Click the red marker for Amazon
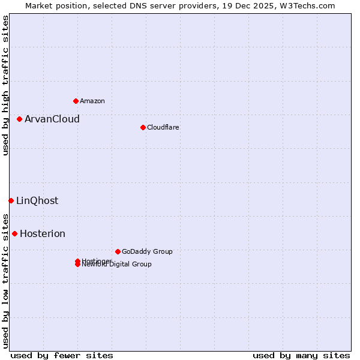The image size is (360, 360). [x=76, y=101]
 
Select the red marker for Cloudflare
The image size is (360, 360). [x=143, y=127]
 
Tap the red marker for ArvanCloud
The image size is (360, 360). [x=19, y=119]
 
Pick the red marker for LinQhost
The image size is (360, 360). [x=11, y=200]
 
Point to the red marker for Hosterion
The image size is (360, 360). [x=14, y=233]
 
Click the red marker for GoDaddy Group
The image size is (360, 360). [x=118, y=251]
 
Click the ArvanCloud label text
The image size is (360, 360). [x=52, y=119]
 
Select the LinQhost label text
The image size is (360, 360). [x=37, y=200]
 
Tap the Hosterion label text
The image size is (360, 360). [x=43, y=233]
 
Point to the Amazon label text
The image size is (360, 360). [x=92, y=101]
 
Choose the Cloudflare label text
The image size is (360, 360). [x=163, y=127]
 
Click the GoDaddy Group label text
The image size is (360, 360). [x=147, y=251]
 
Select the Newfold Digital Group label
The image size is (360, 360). [x=118, y=265]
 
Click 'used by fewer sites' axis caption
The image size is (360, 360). [x=62, y=355]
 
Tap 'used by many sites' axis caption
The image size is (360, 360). [x=301, y=355]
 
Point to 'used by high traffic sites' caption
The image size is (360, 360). [x=5, y=85]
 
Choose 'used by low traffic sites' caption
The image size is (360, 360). [x=5, y=280]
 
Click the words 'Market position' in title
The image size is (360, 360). [x=52, y=5]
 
